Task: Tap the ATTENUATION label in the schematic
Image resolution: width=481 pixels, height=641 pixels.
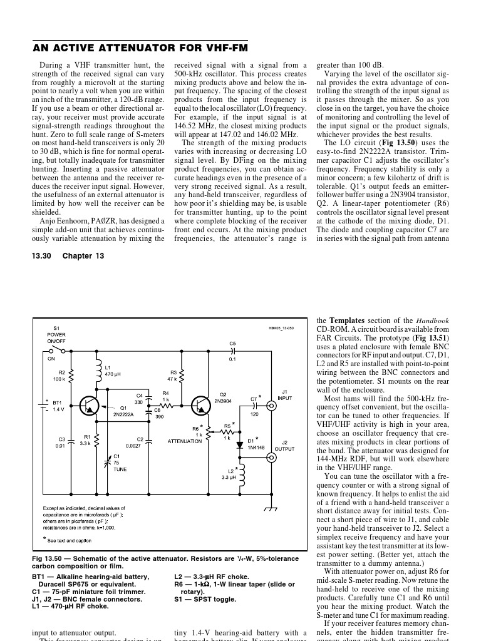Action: coord(185,441)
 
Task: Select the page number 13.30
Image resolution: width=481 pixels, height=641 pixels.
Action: coord(43,256)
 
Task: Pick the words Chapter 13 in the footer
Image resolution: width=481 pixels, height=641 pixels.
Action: coord(83,256)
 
